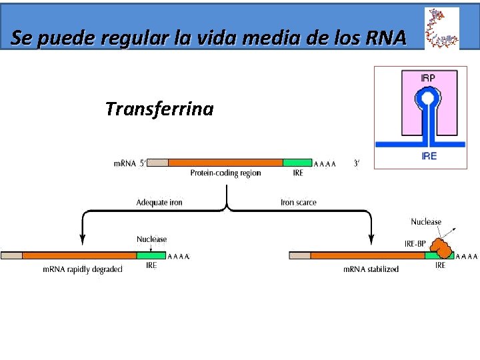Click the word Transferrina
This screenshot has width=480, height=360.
[x=159, y=109]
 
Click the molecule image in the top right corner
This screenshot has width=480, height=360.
[x=441, y=29]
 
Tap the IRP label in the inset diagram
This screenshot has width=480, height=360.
[x=428, y=78]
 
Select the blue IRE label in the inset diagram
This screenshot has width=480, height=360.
[x=429, y=157]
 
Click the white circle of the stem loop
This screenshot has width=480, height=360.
[x=428, y=99]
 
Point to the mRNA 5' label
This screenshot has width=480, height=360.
[x=129, y=163]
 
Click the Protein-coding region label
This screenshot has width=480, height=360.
[x=225, y=173]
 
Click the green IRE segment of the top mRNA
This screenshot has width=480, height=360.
[x=297, y=163]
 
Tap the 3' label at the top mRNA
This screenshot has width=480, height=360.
[x=357, y=163]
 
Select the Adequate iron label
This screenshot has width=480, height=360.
[x=159, y=202]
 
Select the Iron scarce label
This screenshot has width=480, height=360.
[x=298, y=202]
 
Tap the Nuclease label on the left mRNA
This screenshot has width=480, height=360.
[x=151, y=239]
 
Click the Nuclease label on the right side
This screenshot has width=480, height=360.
[x=426, y=222]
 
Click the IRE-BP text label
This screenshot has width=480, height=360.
[x=415, y=243]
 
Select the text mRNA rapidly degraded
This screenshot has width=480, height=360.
[x=82, y=269]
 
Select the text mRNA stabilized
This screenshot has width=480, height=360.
[x=371, y=269]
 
